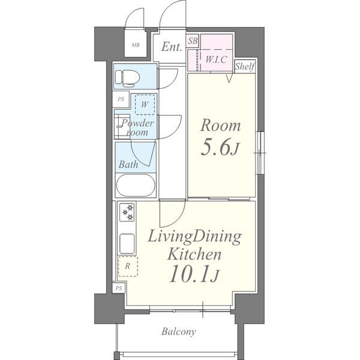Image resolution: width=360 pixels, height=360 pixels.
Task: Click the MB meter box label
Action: pyautogui.click(x=136, y=45)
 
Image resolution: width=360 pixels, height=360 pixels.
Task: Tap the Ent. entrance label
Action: pyautogui.click(x=172, y=47)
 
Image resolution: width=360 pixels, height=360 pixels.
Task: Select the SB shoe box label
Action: pyautogui.click(x=193, y=41)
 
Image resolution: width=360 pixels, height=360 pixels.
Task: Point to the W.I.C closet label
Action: pyautogui.click(x=216, y=59)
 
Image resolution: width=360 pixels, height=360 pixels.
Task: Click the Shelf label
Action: pyautogui.click(x=245, y=67)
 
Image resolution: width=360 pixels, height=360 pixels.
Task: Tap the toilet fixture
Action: pyautogui.click(x=127, y=78)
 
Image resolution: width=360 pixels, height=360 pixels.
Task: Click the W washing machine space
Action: pyautogui.click(x=145, y=104)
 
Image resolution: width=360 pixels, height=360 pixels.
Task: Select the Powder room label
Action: pyautogui.click(x=137, y=128)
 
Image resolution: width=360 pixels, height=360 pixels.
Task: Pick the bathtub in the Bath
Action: pyautogui.click(x=136, y=185)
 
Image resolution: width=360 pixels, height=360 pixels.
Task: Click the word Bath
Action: pyautogui.click(x=128, y=164)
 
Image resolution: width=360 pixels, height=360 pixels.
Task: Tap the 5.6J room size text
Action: pyautogui.click(x=220, y=148)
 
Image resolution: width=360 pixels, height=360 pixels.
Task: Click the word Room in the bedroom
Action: pyautogui.click(x=221, y=125)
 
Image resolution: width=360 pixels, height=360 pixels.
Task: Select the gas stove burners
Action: pyautogui.click(x=127, y=212)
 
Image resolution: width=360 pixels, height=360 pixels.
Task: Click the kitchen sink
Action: pyautogui.click(x=127, y=244)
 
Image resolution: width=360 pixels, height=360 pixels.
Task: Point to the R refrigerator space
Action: pyautogui.click(x=128, y=266)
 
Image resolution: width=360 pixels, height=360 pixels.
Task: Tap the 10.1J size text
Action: pyautogui.click(x=194, y=274)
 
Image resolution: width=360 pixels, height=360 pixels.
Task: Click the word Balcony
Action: pyautogui.click(x=179, y=332)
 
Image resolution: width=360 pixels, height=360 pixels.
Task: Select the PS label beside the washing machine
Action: pyautogui.click(x=121, y=99)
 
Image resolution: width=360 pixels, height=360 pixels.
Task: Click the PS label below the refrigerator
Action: pyautogui.click(x=118, y=288)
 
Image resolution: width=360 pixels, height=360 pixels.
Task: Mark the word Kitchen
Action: pyautogui.click(x=194, y=254)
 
